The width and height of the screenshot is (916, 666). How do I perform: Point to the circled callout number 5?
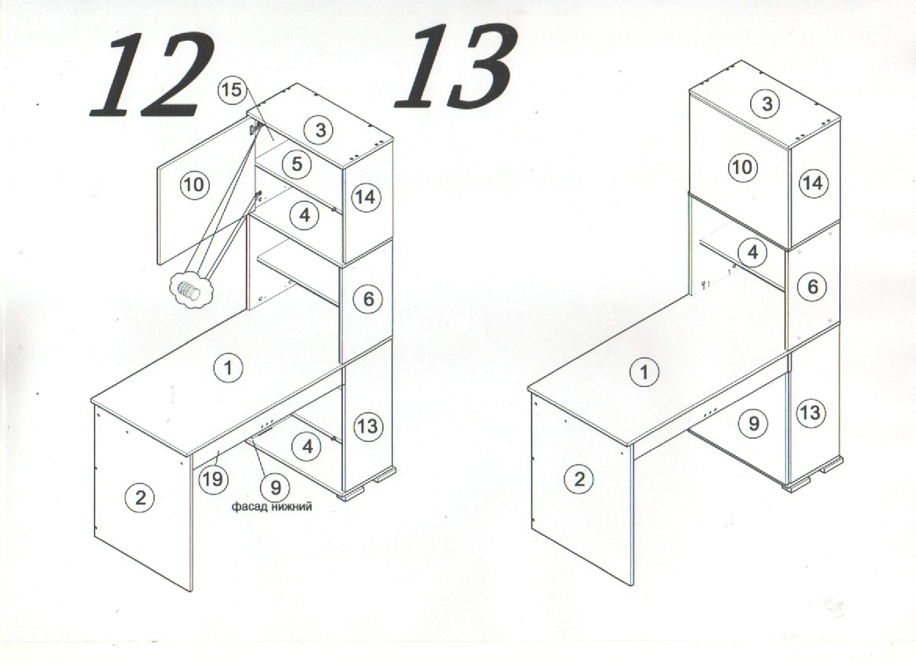[x=297, y=165]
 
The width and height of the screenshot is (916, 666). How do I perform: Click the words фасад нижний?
[x=272, y=506]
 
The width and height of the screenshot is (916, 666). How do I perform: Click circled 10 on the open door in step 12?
[x=194, y=185]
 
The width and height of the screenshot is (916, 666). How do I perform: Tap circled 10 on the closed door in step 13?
[x=742, y=167]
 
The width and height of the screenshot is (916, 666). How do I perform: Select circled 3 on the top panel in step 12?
[x=320, y=129]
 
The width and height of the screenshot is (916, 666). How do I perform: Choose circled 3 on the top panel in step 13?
[x=766, y=104]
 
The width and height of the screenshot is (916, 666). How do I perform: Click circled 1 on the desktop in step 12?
[x=228, y=367]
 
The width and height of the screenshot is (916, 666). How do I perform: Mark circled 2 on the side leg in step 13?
[x=579, y=480]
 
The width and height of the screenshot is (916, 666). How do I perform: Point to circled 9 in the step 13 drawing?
[x=754, y=423]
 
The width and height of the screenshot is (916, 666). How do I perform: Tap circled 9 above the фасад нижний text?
[x=276, y=487]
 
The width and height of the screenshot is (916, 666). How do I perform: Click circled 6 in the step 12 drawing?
[x=368, y=299]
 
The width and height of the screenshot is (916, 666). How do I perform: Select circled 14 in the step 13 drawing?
[x=813, y=183]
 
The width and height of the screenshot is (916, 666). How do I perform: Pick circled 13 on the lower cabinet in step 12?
[x=367, y=425]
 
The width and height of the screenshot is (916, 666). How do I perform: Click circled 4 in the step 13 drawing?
[x=752, y=252]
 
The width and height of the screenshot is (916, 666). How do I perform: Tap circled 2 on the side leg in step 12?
[x=140, y=498]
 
